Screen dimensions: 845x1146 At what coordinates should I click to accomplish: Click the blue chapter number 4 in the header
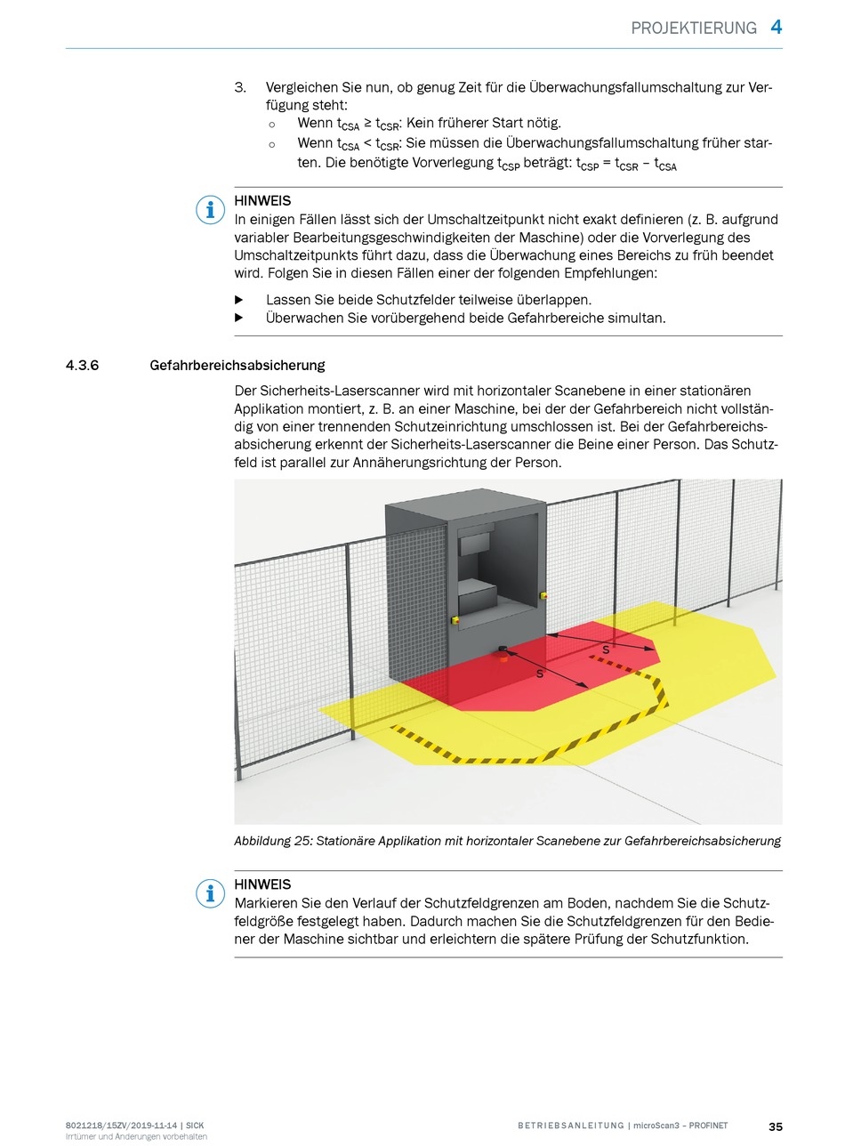pyautogui.click(x=776, y=27)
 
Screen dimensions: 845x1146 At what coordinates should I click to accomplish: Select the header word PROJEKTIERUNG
pyautogui.click(x=694, y=28)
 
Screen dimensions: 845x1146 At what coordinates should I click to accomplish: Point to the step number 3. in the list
pyautogui.click(x=240, y=87)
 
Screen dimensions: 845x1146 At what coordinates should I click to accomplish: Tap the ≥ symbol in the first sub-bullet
pyautogui.click(x=367, y=123)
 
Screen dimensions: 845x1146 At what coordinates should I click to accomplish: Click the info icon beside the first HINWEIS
pyautogui.click(x=210, y=210)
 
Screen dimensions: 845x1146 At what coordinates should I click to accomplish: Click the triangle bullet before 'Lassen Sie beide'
pyautogui.click(x=239, y=299)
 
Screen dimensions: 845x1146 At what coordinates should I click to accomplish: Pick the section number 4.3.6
pyautogui.click(x=83, y=366)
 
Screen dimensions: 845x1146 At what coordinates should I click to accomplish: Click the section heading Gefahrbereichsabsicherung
pyautogui.click(x=237, y=366)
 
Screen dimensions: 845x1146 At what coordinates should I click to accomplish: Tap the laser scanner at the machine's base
pyautogui.click(x=503, y=653)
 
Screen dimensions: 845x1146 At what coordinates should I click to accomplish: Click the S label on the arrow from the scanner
pyautogui.click(x=539, y=674)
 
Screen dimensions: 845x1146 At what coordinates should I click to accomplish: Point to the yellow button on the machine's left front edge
pyautogui.click(x=455, y=620)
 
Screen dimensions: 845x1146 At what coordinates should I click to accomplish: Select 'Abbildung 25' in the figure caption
pyautogui.click(x=273, y=841)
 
